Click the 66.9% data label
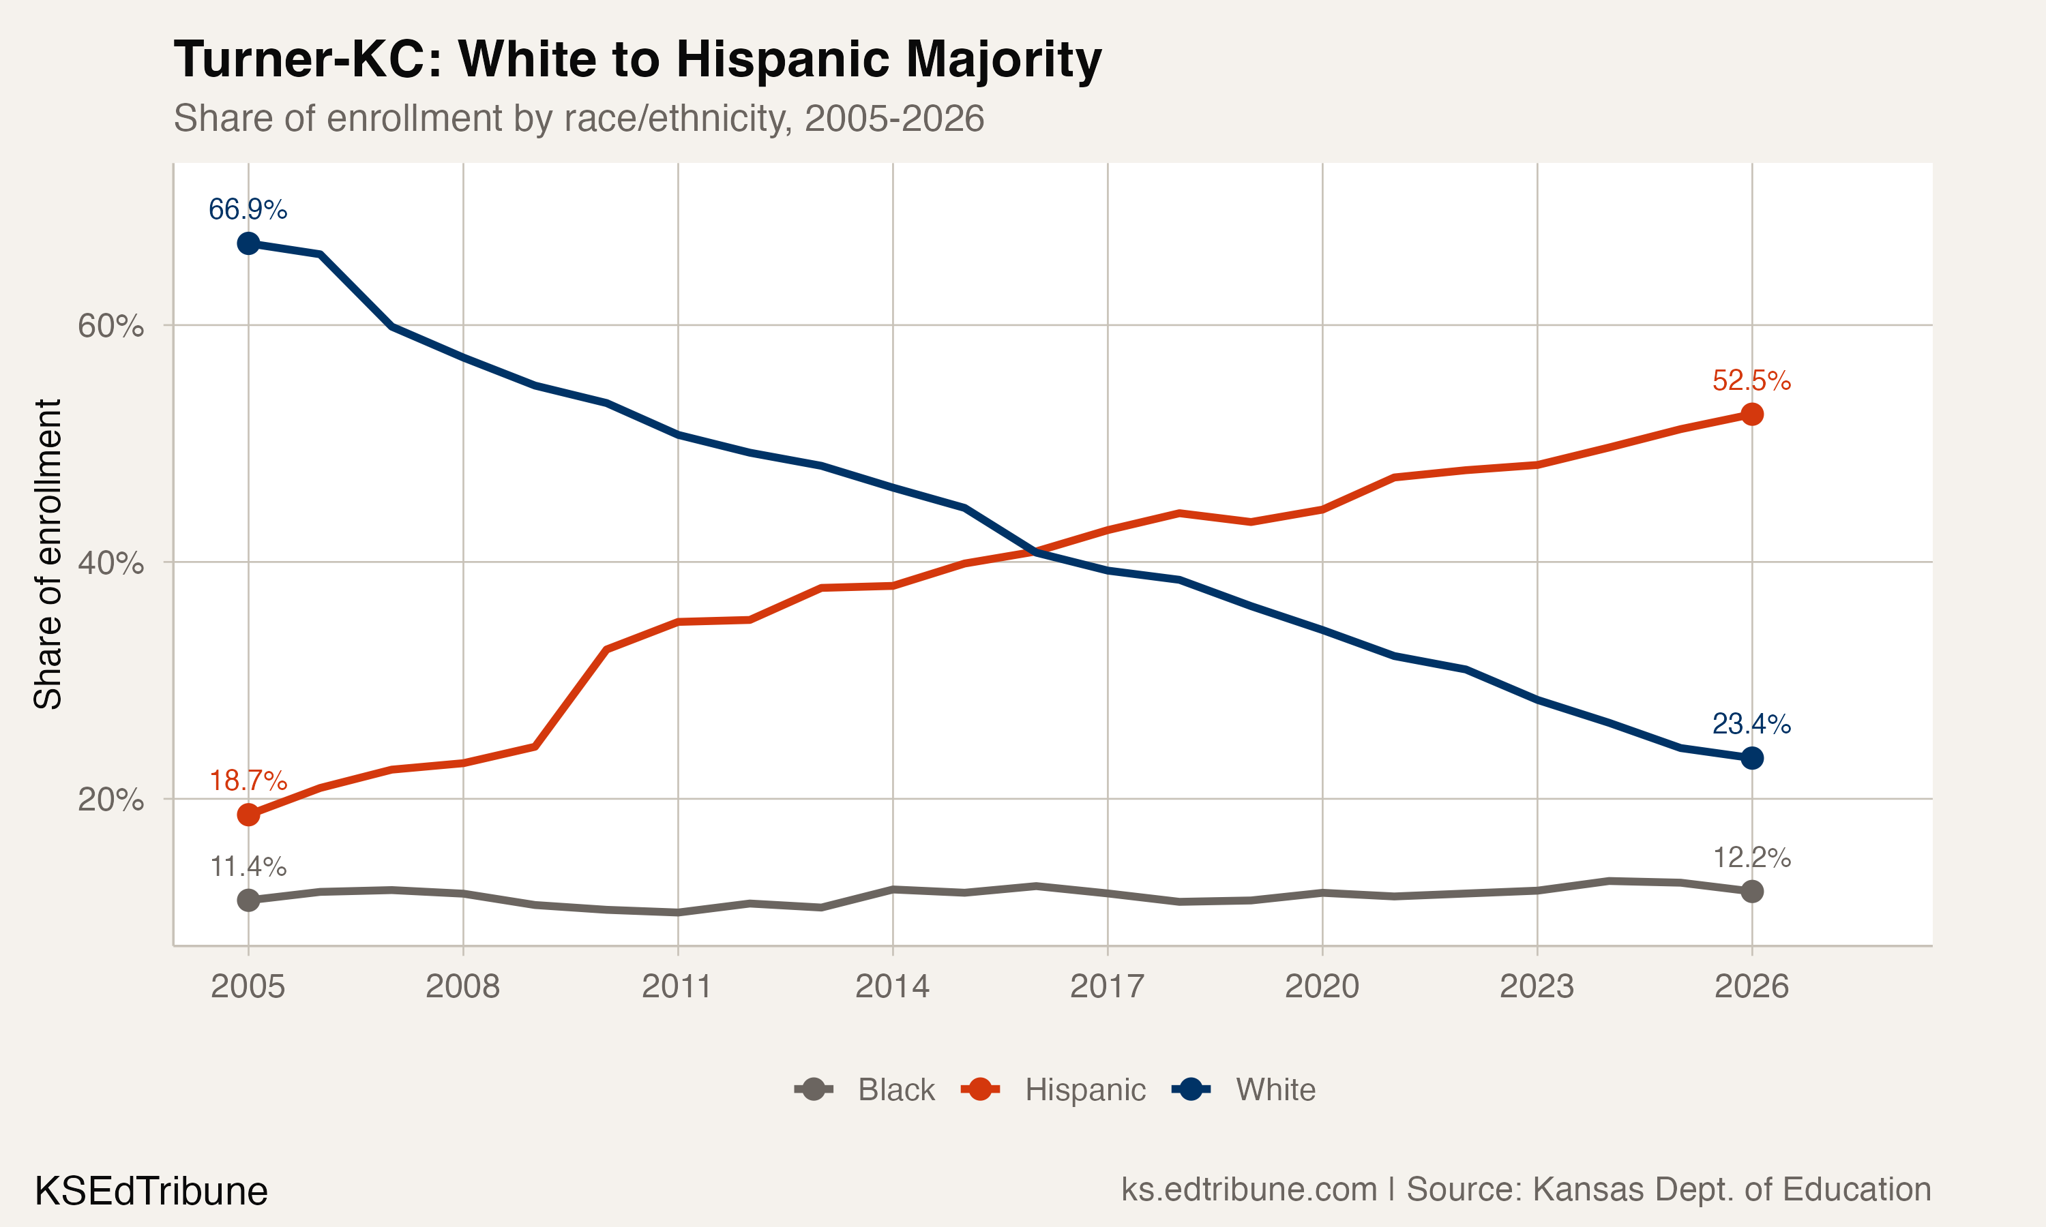click(x=248, y=209)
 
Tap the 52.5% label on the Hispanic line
click(x=1751, y=380)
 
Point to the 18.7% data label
click(x=248, y=780)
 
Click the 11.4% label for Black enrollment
click(x=248, y=866)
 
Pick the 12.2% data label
click(x=1751, y=858)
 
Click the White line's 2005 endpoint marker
click(x=248, y=243)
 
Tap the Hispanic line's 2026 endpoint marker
click(x=1751, y=414)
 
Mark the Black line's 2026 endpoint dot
click(x=1751, y=892)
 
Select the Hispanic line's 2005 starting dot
click(x=248, y=815)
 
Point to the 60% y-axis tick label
click(x=110, y=326)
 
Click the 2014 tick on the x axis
click(x=891, y=986)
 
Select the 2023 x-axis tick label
click(x=1537, y=986)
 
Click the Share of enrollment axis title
click(x=48, y=554)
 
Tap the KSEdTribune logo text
click(x=151, y=1192)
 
